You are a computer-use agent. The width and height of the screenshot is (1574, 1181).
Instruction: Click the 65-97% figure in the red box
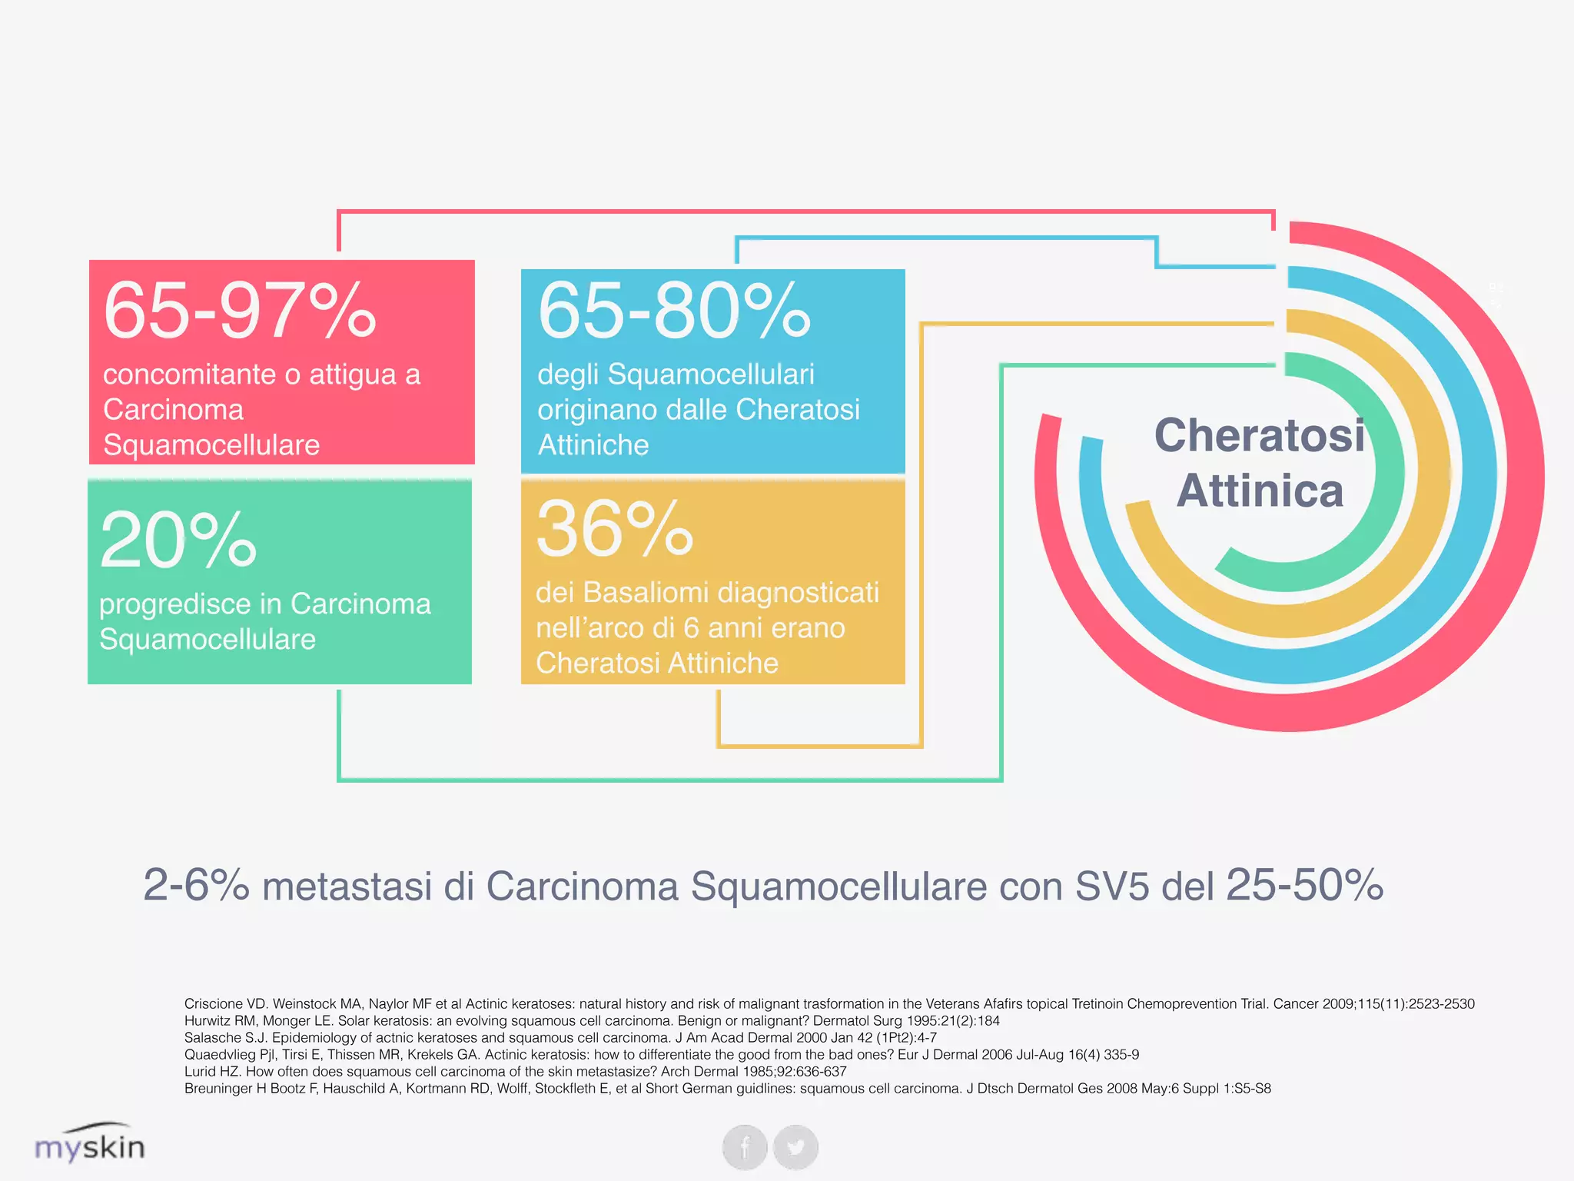[x=240, y=311]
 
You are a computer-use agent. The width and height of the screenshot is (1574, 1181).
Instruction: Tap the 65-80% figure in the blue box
[x=674, y=311]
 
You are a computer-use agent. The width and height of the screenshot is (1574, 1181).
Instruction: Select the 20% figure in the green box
[x=178, y=541]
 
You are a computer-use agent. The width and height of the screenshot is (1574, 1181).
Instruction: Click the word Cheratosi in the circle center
[x=1260, y=435]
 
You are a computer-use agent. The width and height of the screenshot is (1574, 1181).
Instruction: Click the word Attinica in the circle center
[x=1260, y=491]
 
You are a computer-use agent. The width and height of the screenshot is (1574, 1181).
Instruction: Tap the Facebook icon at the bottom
[x=745, y=1147]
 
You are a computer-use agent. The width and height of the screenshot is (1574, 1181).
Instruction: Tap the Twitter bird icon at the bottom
[x=795, y=1147]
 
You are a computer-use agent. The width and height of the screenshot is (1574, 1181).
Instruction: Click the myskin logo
[x=90, y=1144]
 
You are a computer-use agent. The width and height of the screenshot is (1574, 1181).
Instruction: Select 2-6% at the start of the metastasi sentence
[x=196, y=886]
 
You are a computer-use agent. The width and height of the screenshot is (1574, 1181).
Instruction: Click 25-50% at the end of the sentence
[x=1304, y=886]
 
